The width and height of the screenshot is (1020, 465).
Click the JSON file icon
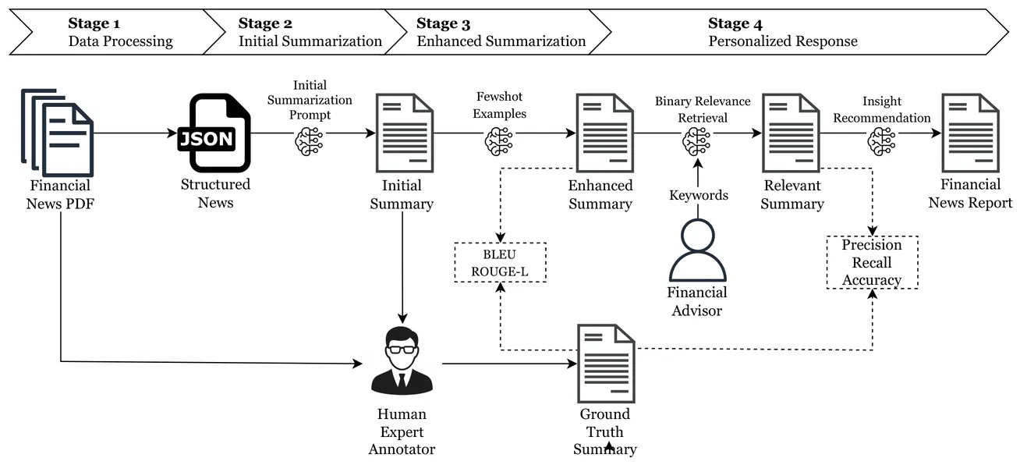click(x=215, y=133)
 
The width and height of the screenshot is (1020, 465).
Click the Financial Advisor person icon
click(x=697, y=250)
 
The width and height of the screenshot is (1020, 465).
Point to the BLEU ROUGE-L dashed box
click(x=501, y=262)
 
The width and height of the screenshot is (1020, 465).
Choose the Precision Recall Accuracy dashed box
click(x=872, y=262)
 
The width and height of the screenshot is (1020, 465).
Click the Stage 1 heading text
click(x=94, y=23)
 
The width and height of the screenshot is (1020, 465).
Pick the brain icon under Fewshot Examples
click(x=499, y=140)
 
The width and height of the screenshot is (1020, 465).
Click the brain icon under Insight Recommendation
click(x=881, y=140)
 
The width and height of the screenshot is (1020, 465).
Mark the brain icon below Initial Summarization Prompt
click(x=308, y=141)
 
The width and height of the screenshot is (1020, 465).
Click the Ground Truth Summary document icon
click(x=606, y=362)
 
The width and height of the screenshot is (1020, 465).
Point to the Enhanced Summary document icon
click(x=604, y=133)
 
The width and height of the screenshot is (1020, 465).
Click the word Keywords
click(x=699, y=195)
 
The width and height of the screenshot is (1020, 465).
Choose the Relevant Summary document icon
click(x=792, y=133)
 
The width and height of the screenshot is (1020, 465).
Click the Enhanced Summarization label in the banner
click(x=501, y=41)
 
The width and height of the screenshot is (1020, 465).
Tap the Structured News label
click(x=215, y=193)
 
